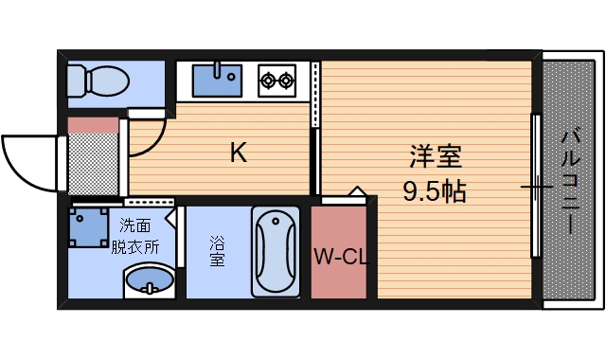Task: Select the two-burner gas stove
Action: pyautogui.click(x=276, y=81)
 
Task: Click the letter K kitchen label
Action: pyautogui.click(x=239, y=152)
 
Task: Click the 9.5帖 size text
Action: pyautogui.click(x=435, y=191)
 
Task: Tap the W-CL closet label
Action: pyautogui.click(x=339, y=255)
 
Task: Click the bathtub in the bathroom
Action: pyautogui.click(x=276, y=251)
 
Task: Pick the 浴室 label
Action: pyautogui.click(x=217, y=251)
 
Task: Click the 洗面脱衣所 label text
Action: pyautogui.click(x=134, y=237)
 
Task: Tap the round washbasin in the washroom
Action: pyautogui.click(x=150, y=281)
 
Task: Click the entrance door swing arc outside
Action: pyautogui.click(x=28, y=161)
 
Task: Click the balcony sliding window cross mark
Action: pyautogui.click(x=536, y=187)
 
